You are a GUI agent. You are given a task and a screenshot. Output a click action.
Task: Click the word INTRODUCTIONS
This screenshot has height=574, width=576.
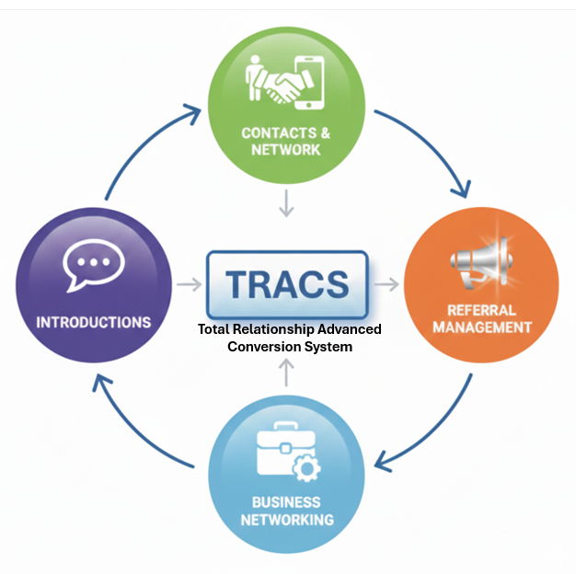(93, 322)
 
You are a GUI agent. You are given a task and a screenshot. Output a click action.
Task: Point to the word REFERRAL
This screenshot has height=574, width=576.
(482, 310)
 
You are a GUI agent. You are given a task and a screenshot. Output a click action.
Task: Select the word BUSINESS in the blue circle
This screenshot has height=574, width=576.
(286, 502)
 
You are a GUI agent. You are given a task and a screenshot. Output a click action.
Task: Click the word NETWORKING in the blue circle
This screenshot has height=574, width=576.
(287, 520)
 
